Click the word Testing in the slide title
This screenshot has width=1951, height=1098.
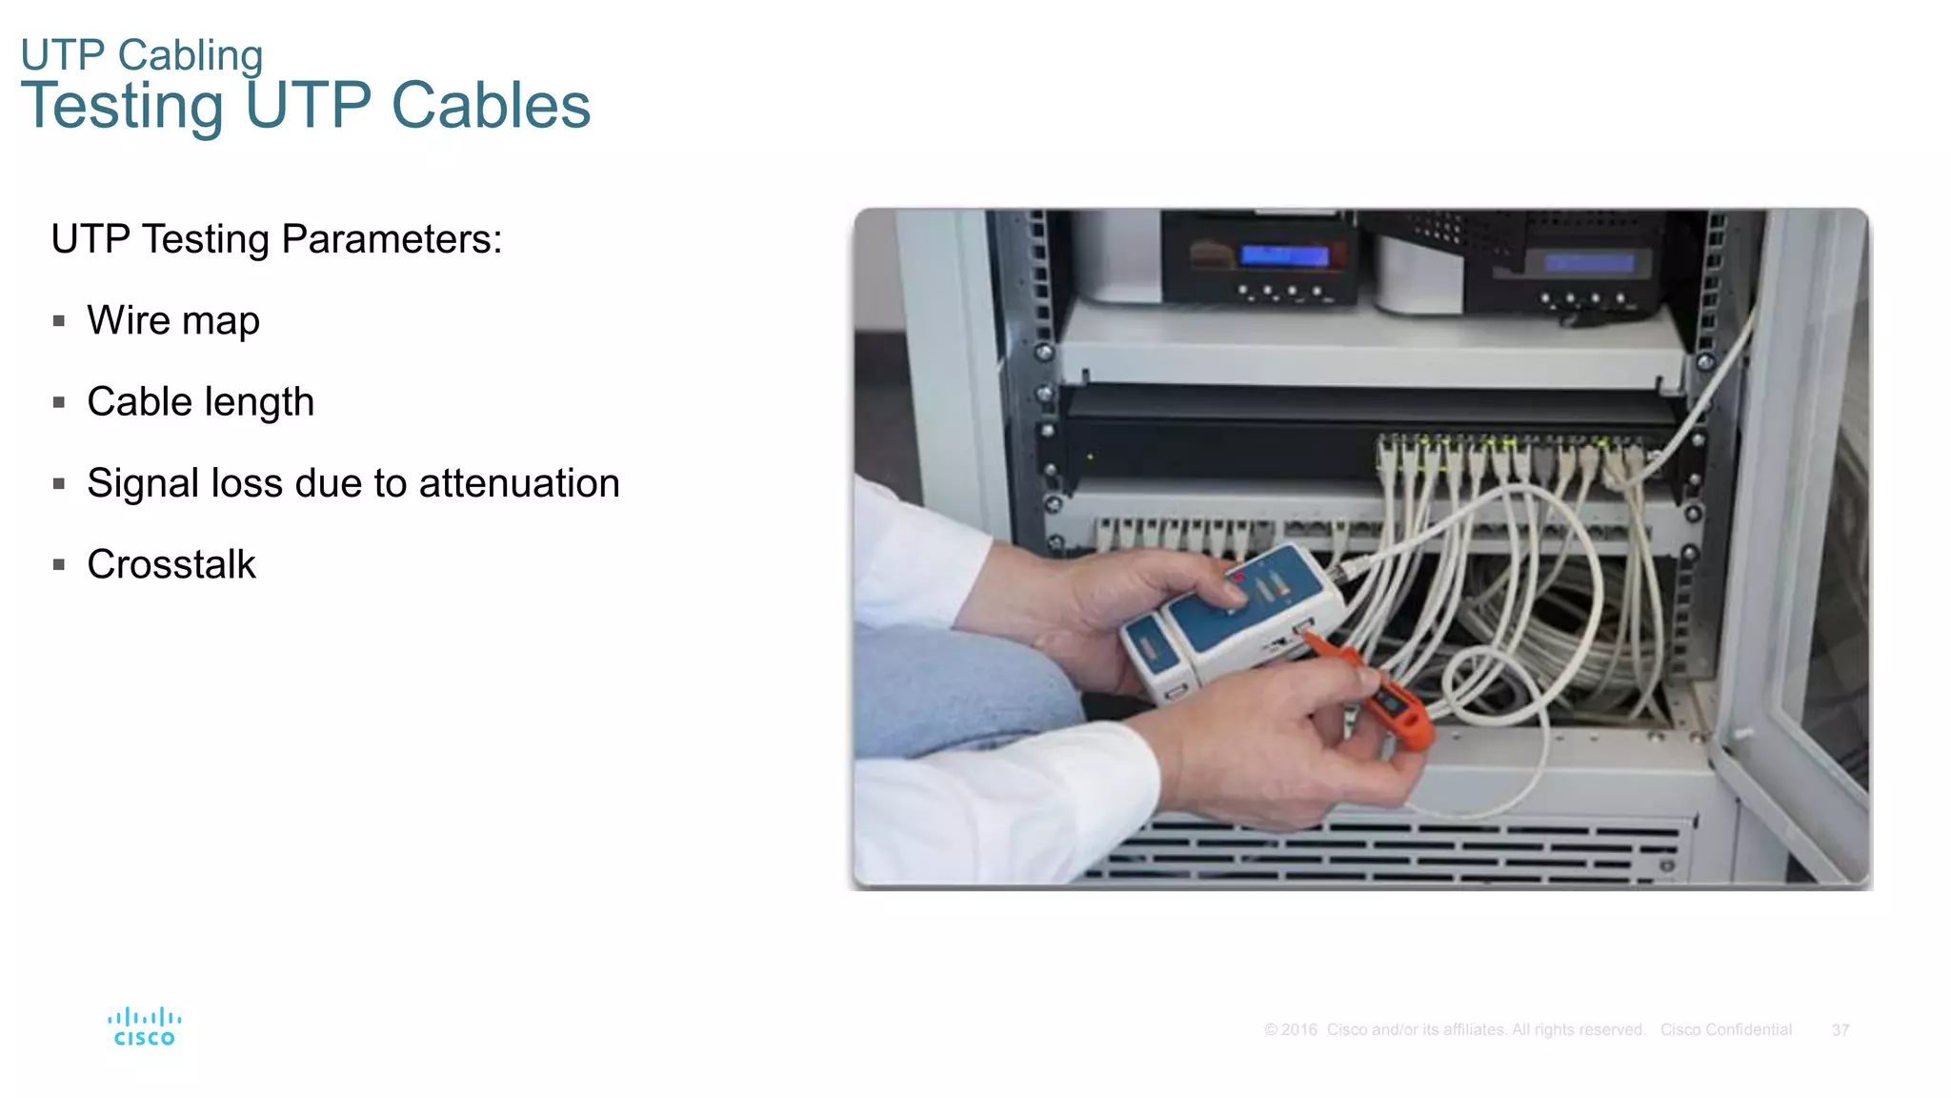click(122, 106)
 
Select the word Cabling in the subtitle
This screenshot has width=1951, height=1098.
click(190, 55)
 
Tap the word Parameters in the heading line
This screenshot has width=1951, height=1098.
click(391, 239)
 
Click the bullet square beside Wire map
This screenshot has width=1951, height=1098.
click(59, 321)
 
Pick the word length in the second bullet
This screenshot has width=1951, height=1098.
click(264, 402)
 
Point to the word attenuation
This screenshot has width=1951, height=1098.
click(519, 483)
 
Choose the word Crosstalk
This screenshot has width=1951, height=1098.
click(171, 564)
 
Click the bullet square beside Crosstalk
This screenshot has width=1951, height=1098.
click(59, 565)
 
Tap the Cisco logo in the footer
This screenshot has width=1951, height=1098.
click(144, 1027)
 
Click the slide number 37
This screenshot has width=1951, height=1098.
click(1840, 1030)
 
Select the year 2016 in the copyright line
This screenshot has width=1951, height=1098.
click(1298, 1030)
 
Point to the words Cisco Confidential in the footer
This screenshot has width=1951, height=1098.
click(1725, 1030)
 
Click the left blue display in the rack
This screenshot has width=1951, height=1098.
click(1283, 255)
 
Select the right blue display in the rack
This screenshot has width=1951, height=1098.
click(1589, 263)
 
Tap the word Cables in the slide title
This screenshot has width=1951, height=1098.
click(491, 106)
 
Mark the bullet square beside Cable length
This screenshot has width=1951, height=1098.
click(59, 403)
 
